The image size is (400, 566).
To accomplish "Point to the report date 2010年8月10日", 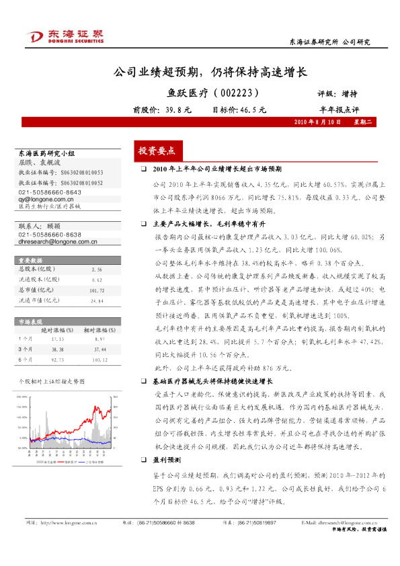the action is (314, 123).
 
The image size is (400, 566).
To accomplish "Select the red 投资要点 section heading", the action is (157, 151).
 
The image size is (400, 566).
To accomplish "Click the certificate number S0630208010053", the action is (80, 172).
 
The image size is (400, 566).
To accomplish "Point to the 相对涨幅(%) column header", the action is (97, 330).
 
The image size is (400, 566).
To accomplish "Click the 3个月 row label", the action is (26, 350).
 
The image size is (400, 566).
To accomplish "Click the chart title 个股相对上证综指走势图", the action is (47, 380).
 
